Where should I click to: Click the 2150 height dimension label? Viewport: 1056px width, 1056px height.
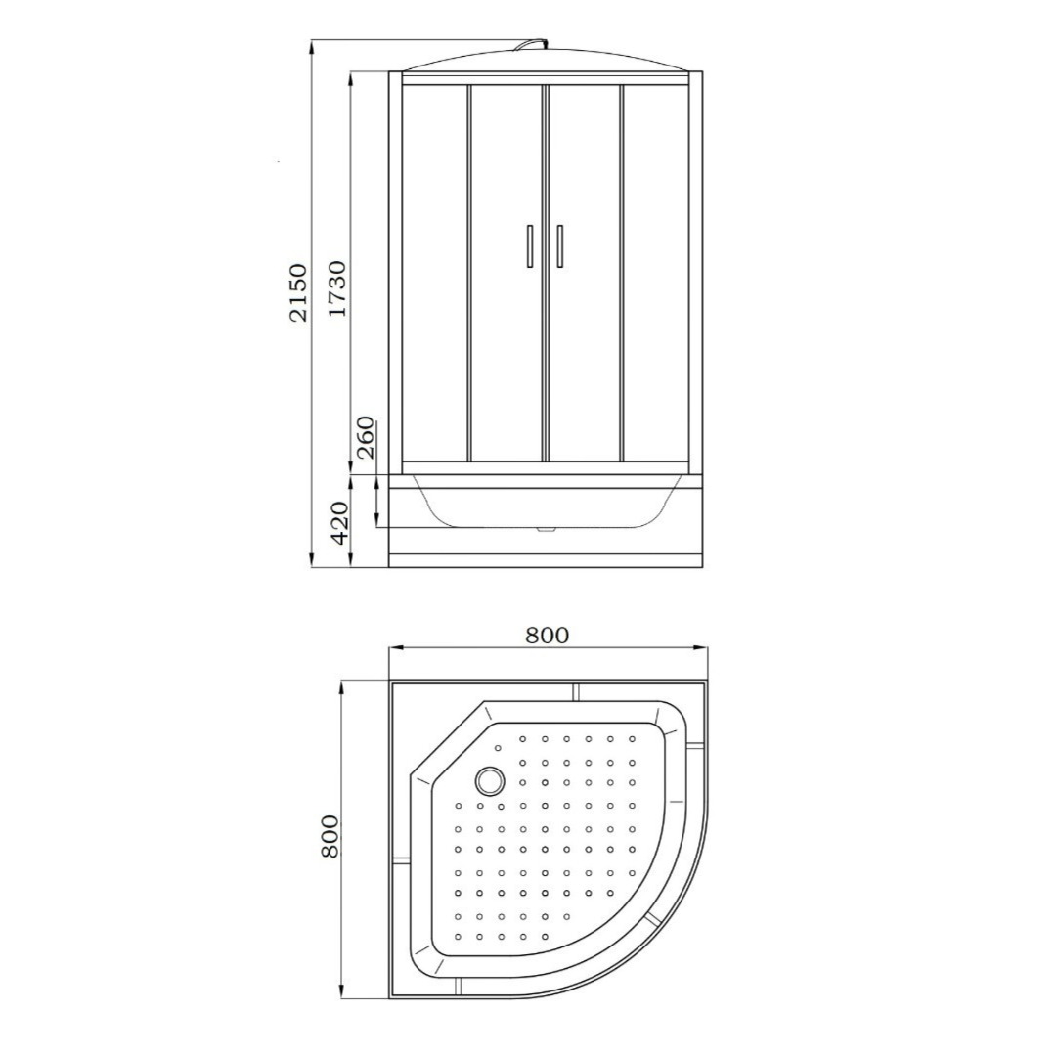298,291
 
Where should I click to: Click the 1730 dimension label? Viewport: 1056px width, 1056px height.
337,288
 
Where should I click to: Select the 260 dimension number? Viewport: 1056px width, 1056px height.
365,437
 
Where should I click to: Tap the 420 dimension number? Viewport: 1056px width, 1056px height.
339,522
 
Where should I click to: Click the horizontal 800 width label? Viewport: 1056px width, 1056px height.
547,635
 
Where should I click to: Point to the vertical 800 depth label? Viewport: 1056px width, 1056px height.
330,836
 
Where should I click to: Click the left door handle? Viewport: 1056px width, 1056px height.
529,245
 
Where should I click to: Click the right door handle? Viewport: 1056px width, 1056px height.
559,245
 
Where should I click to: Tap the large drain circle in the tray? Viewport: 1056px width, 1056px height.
490,780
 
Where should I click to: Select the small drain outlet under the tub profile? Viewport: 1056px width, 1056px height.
546,531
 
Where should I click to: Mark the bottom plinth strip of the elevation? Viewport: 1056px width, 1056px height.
546,561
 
